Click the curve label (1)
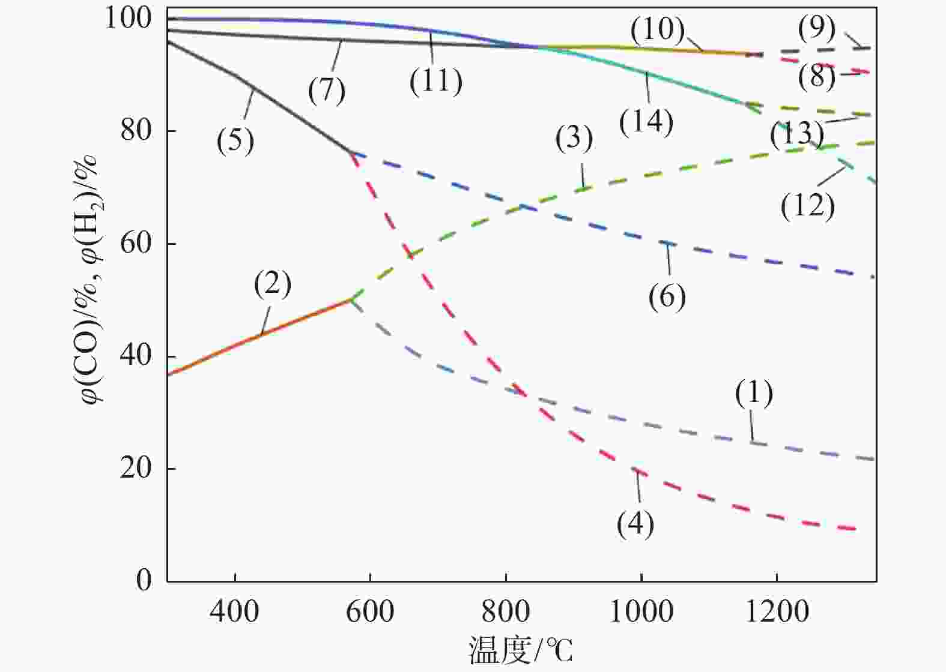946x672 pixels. click(754, 393)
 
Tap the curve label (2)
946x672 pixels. click(272, 284)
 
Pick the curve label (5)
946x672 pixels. click(235, 142)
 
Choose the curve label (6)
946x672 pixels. click(667, 296)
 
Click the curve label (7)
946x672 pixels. click(327, 91)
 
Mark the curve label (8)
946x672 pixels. click(817, 77)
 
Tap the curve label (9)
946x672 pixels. click(817, 28)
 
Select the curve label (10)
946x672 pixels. click(658, 29)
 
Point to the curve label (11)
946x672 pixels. click(436, 81)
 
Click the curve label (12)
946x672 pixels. click(808, 206)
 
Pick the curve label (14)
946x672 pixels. click(646, 122)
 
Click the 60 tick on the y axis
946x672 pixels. click(168, 244)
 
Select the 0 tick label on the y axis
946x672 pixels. click(144, 580)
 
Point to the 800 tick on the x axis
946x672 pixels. click(506, 581)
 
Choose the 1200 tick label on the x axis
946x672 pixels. click(777, 611)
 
